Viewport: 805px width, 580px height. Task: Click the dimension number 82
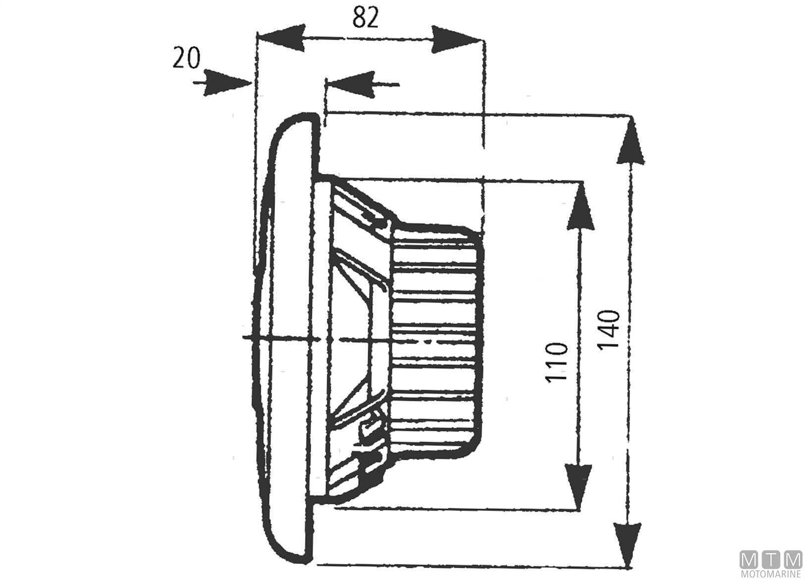(366, 18)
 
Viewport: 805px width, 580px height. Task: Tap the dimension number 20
(186, 58)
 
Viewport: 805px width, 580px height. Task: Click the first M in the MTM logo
(749, 560)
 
